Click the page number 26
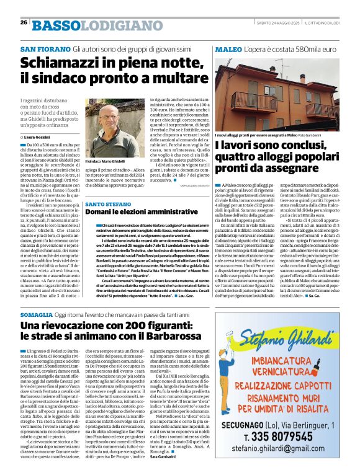[x=23, y=22]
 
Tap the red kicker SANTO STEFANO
[x=108, y=203]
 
